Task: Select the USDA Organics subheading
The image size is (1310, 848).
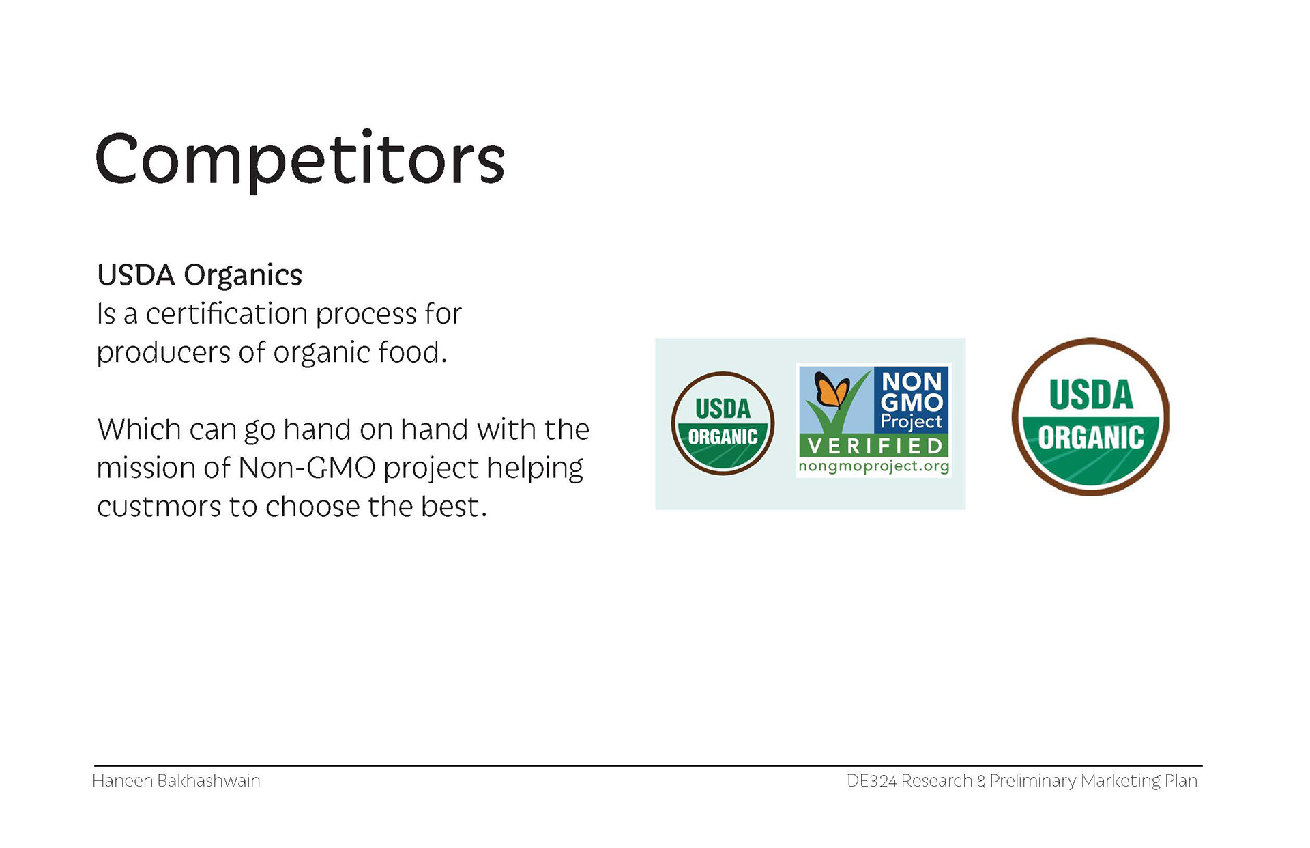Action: coord(199,275)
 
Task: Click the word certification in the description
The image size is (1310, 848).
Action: coord(227,313)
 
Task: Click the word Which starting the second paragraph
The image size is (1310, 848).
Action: coord(139,429)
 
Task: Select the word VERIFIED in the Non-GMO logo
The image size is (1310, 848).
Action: coord(875,446)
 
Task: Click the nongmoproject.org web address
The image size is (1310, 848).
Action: coord(873,467)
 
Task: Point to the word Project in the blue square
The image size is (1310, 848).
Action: coord(912,422)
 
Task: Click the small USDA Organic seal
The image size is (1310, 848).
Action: coord(723,423)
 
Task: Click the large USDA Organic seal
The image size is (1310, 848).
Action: coord(1090,416)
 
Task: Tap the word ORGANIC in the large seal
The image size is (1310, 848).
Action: coord(1091,438)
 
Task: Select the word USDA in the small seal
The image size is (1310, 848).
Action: coord(723,409)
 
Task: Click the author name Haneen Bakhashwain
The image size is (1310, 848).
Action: coord(176,780)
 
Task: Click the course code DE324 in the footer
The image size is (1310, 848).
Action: coord(871,780)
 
